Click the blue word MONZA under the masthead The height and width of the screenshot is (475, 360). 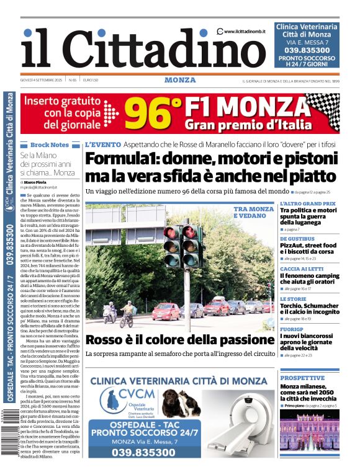pos(180,80)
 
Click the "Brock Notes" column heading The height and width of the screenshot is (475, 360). pos(50,144)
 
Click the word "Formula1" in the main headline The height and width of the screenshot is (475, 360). pos(118,159)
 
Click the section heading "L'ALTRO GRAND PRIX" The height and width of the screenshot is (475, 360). pos(307,203)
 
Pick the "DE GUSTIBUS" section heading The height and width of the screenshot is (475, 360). pos(297,238)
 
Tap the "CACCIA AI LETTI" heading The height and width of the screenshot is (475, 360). pos(302,269)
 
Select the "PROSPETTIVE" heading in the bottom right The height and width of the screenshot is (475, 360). pos(302,378)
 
